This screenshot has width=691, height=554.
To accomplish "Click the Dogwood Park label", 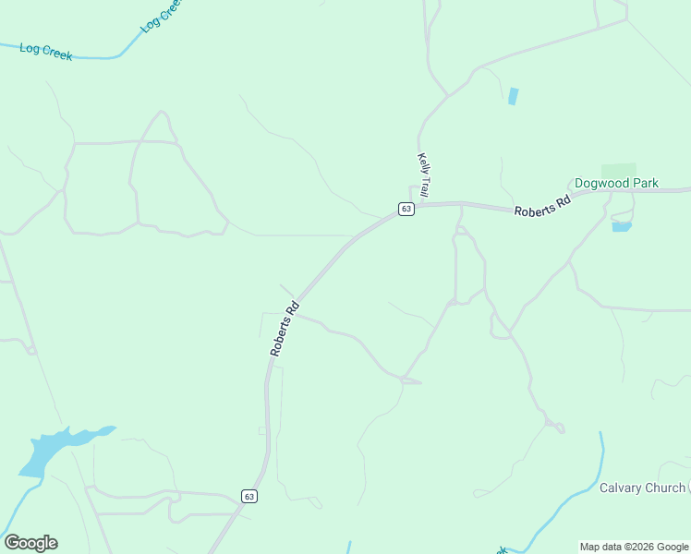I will [616, 183].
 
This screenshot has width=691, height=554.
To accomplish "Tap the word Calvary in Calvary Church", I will [621, 488].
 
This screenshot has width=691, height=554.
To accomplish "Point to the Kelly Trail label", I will [423, 174].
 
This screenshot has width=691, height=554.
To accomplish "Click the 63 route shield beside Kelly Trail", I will [406, 210].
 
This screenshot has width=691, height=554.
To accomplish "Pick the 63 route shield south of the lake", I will [249, 496].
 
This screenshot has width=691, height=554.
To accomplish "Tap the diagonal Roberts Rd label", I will [285, 329].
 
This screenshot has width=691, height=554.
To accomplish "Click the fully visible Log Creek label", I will [46, 52].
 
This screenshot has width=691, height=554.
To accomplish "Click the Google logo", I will [30, 543].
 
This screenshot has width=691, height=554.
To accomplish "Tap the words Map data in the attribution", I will [600, 547].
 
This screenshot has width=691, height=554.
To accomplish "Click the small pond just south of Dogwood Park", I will [621, 226].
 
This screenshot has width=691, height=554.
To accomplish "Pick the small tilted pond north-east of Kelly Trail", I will [513, 96].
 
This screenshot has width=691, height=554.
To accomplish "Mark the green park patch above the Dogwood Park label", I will [618, 170].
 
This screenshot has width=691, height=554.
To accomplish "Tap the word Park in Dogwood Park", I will [643, 183].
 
